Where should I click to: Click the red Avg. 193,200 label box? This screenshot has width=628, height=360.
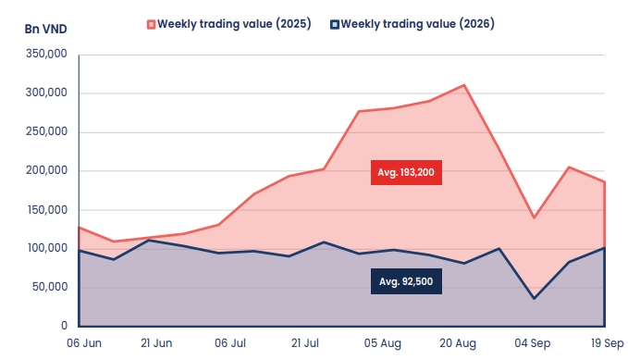tap(406, 172)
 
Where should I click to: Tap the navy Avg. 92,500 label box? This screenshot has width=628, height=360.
tap(406, 281)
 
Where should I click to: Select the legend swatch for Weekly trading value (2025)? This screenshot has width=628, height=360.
tap(151, 24)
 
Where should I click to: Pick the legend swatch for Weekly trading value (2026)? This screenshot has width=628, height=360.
tap(335, 24)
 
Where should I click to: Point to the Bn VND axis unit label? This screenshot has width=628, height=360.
tap(45, 29)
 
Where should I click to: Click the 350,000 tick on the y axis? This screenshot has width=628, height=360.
tap(46, 54)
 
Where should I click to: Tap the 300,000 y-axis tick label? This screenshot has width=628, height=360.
tap(46, 93)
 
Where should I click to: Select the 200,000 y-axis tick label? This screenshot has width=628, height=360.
tap(46, 170)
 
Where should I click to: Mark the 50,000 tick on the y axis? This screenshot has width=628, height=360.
tap(50, 287)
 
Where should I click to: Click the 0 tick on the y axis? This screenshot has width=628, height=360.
tap(64, 326)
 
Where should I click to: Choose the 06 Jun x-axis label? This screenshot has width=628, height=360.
tap(84, 343)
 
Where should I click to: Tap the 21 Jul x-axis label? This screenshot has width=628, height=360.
tap(305, 343)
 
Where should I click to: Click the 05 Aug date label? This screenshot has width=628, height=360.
tap(383, 343)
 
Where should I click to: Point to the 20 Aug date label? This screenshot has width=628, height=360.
tap(458, 343)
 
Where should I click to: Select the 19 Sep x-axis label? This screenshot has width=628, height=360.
tap(607, 343)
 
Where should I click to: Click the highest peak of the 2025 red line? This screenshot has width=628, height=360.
tap(463, 85)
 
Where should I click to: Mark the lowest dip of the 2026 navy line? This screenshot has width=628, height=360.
tap(534, 299)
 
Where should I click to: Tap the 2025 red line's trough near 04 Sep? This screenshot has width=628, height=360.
tap(534, 217)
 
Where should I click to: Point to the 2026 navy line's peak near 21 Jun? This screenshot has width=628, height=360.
tap(149, 241)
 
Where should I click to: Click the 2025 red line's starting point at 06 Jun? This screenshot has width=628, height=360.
tap(80, 228)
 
